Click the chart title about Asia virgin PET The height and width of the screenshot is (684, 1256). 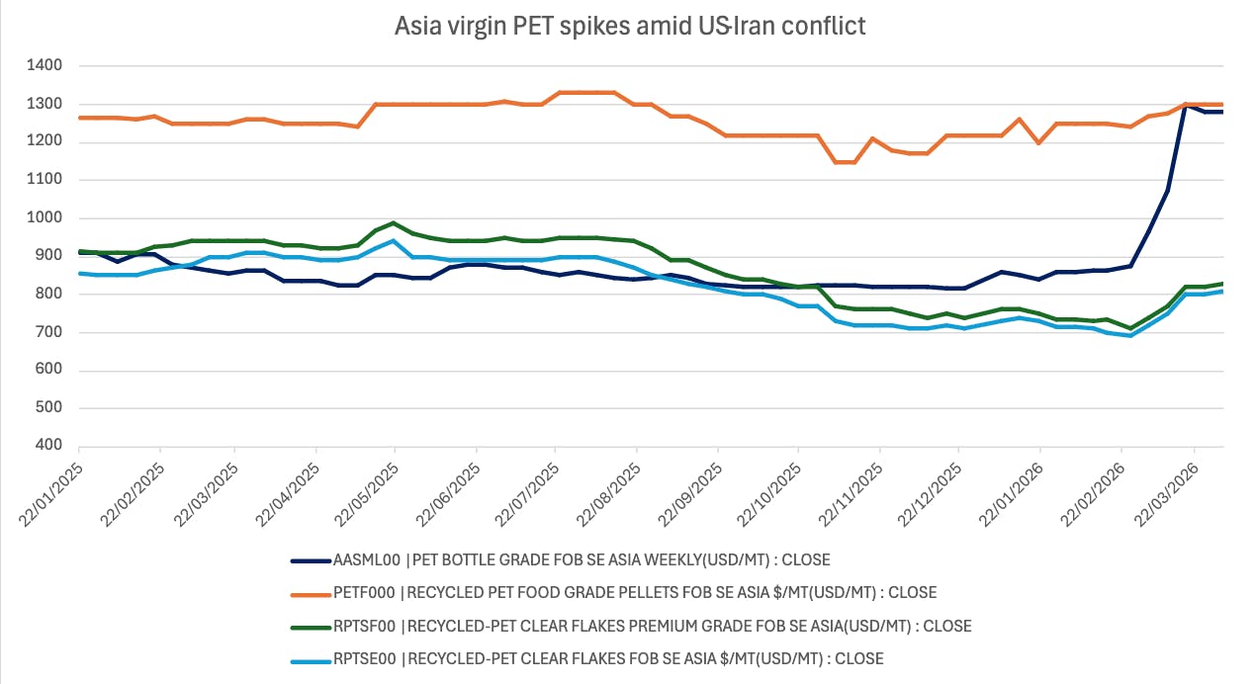pos(630,26)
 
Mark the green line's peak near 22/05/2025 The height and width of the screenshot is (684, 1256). pos(394,223)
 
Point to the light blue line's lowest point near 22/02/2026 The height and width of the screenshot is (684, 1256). pos(1130,336)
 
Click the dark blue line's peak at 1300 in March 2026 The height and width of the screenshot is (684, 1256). pos(1186,105)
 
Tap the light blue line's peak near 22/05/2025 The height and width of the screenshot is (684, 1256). pos(394,241)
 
